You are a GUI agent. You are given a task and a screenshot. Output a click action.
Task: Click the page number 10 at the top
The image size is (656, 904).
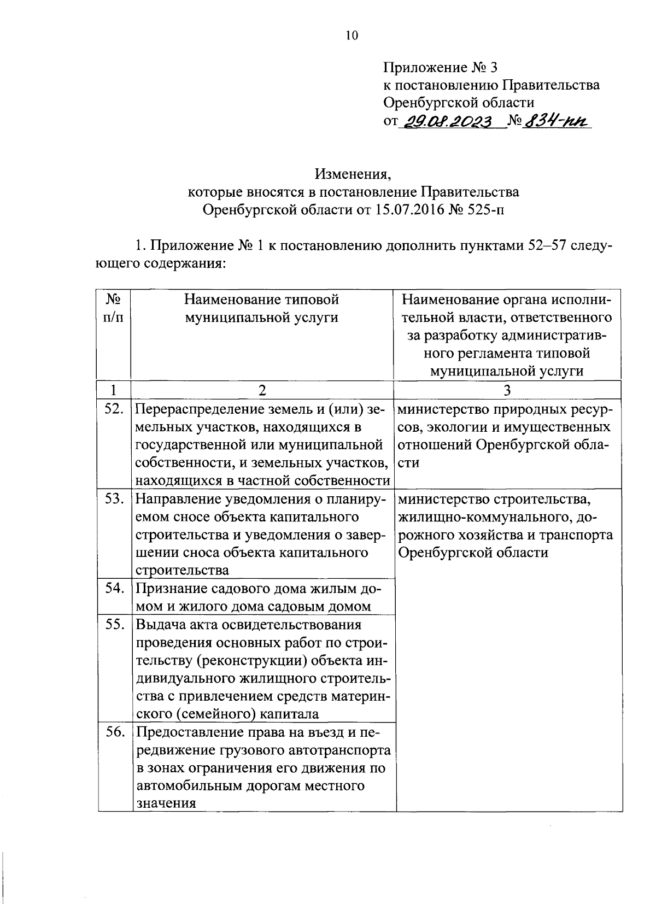coord(352,36)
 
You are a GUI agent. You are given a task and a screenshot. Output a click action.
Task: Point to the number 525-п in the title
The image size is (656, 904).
coord(483,210)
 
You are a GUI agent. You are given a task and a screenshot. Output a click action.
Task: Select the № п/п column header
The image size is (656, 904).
coord(113,308)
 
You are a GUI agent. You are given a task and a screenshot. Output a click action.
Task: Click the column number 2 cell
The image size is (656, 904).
coord(262,390)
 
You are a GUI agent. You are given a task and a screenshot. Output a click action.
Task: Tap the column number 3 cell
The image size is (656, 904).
coord(507,390)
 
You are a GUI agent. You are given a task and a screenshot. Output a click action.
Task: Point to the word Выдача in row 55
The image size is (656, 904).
coord(159,625)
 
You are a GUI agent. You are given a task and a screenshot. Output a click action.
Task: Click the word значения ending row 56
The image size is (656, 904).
coord(166,804)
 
